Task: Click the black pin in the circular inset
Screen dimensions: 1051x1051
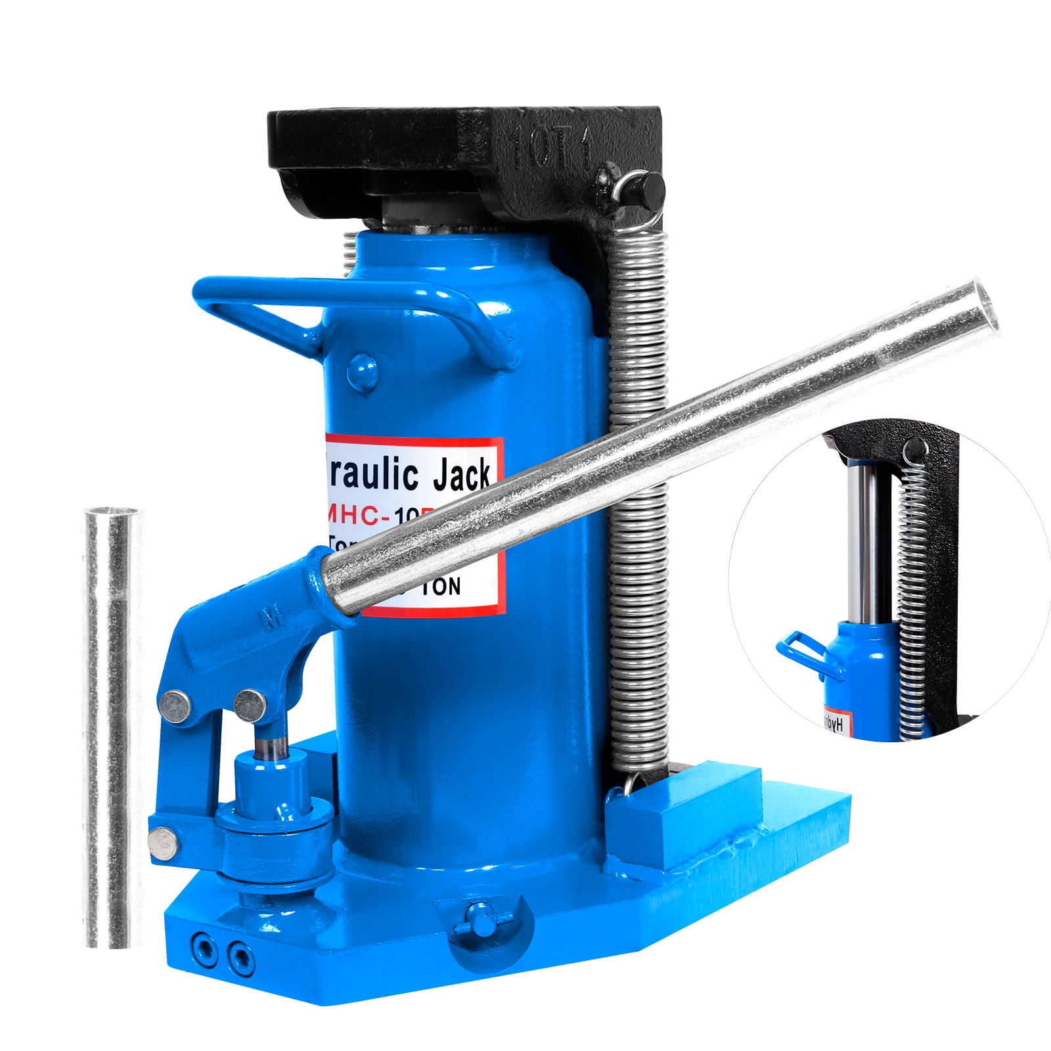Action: pos(911,450)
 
